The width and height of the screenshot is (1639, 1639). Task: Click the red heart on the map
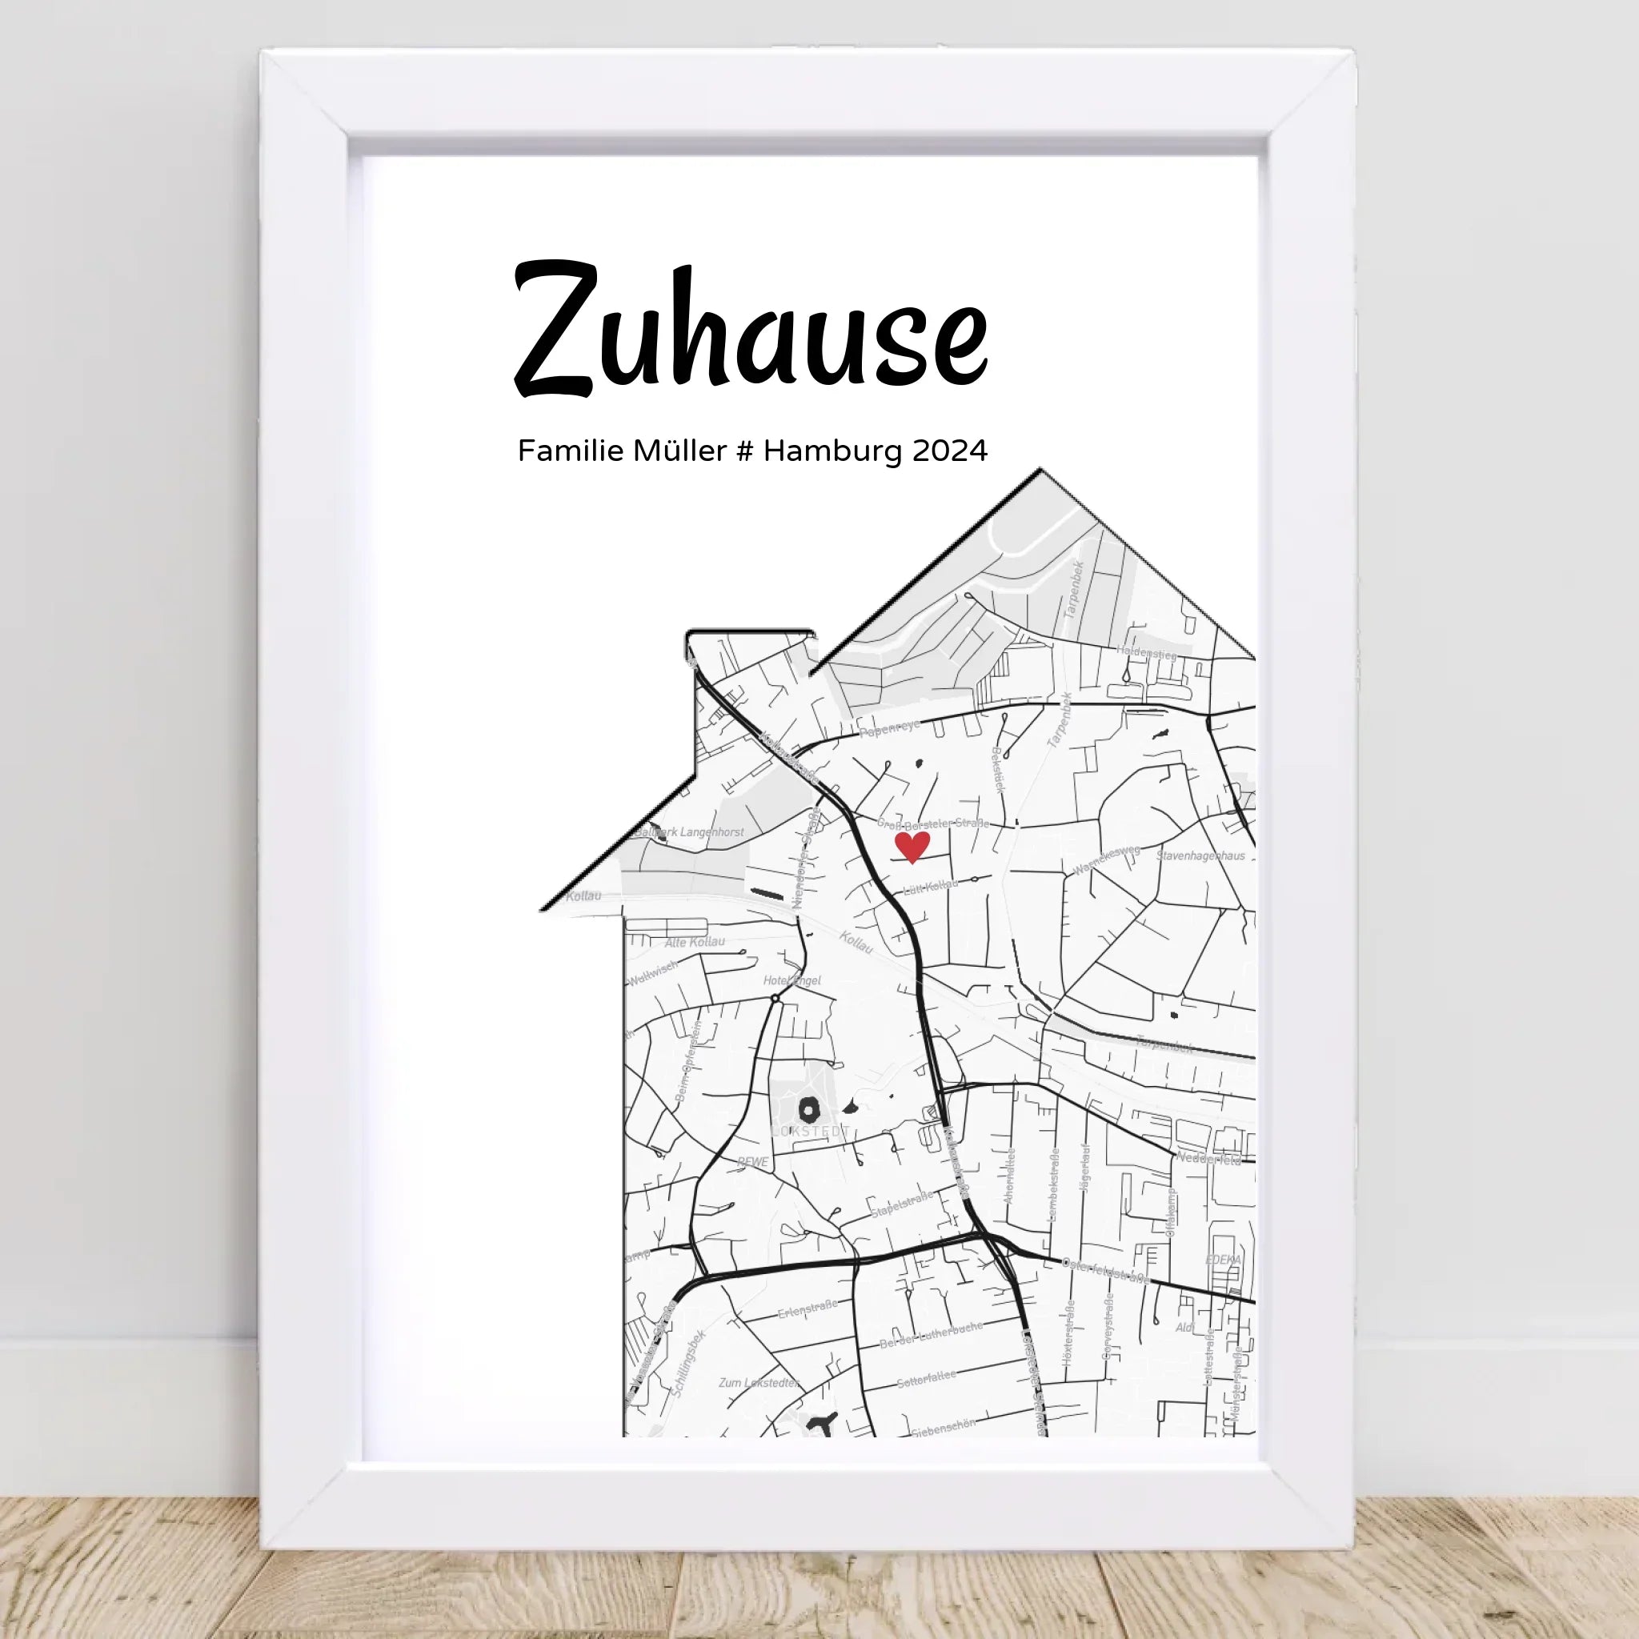(912, 846)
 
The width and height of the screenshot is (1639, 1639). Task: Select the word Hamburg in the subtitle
(832, 451)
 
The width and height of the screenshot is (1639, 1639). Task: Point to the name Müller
(679, 451)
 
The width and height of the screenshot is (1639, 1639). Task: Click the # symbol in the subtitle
(745, 451)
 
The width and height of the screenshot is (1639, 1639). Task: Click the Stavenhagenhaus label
(1200, 856)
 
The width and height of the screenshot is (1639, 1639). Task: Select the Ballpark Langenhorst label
(689, 832)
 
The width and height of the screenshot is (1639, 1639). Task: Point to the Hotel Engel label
(791, 980)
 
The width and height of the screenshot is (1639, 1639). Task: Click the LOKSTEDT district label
(810, 1131)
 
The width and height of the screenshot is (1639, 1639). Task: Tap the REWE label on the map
(752, 1162)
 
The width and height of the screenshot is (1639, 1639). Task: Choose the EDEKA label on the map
(1223, 1260)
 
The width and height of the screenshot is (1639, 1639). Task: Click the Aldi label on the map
(1185, 1328)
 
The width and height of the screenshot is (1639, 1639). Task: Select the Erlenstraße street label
(807, 1310)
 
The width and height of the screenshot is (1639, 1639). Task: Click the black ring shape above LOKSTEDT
(809, 1108)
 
